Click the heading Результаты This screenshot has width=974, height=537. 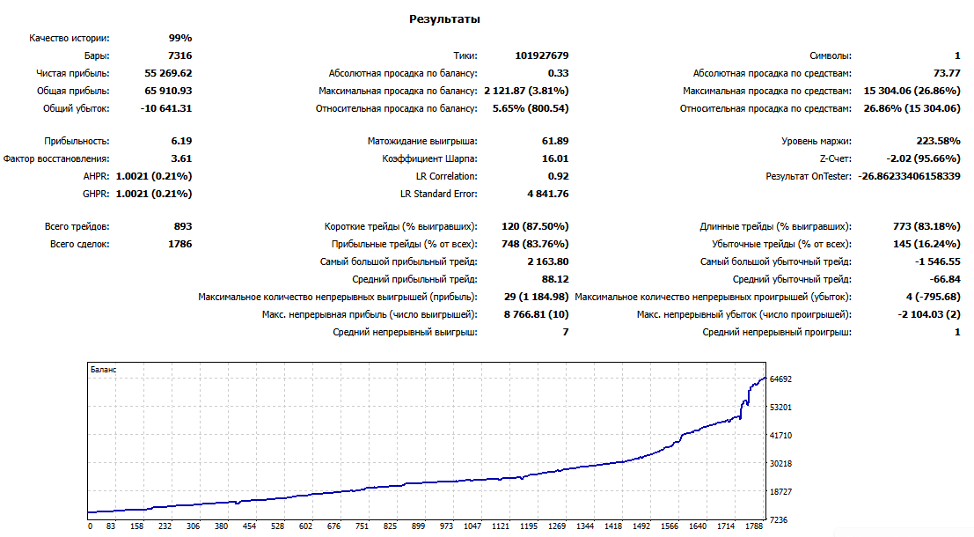click(444, 19)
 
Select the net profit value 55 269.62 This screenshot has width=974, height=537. click(168, 73)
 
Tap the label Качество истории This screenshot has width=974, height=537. click(69, 39)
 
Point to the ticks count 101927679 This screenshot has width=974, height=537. click(542, 56)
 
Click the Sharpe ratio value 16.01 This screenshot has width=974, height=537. click(555, 158)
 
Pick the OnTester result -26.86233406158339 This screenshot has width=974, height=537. click(910, 177)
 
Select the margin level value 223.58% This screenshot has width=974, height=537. click(939, 141)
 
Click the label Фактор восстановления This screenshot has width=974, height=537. click(56, 158)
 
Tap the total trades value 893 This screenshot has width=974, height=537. click(183, 226)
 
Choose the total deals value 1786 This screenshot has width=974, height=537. click(180, 244)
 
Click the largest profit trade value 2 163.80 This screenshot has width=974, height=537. click(548, 261)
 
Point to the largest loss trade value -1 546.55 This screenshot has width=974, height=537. click(938, 261)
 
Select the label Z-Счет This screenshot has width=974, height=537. click(836, 158)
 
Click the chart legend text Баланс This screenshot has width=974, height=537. click(103, 370)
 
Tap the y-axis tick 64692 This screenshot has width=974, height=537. click(780, 379)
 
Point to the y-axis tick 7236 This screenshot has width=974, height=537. click(779, 519)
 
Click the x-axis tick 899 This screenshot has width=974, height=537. click(418, 526)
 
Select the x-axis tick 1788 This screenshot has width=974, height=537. click(754, 526)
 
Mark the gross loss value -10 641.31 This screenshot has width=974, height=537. click(166, 109)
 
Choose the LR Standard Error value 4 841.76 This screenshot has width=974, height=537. click(548, 194)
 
